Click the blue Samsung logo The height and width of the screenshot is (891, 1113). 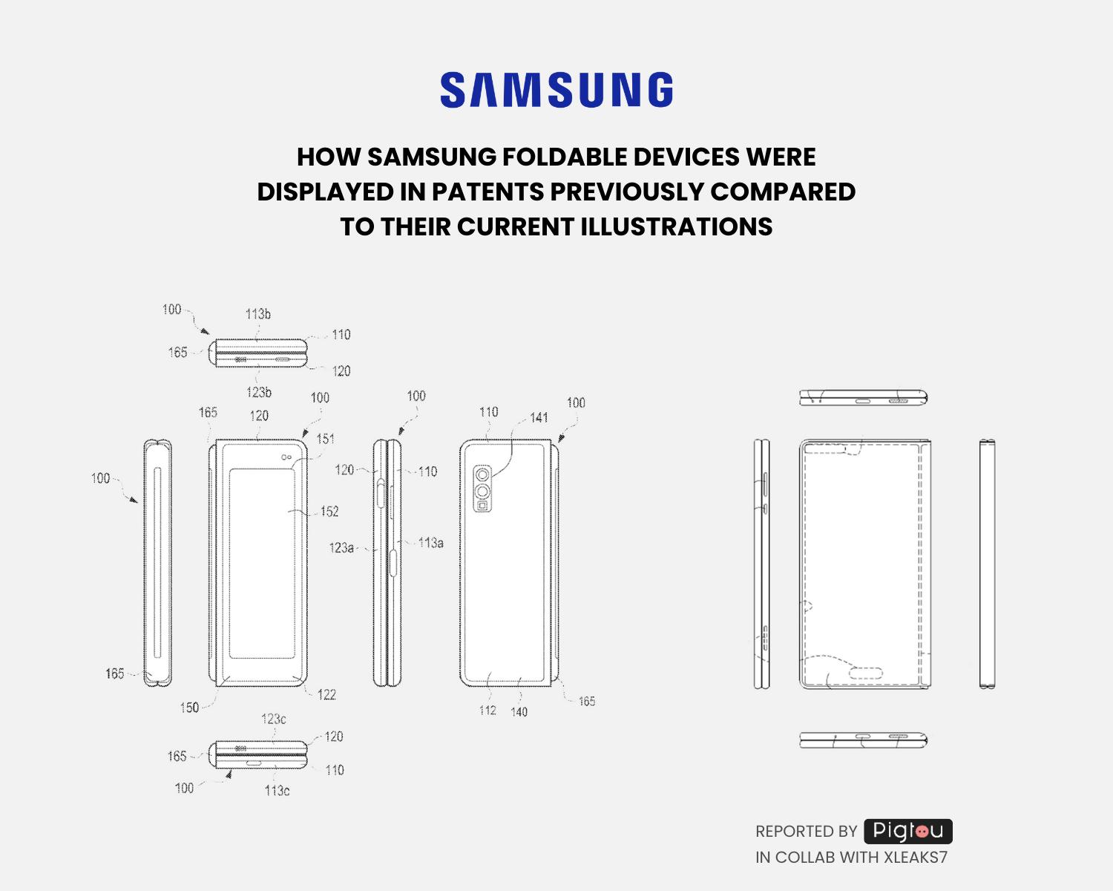(x=556, y=90)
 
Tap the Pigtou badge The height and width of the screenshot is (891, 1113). (x=907, y=831)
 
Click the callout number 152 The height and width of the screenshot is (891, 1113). (x=329, y=512)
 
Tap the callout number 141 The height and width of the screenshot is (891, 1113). (x=539, y=417)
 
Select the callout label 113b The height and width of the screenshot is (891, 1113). (x=258, y=314)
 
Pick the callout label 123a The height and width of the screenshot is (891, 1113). (x=341, y=548)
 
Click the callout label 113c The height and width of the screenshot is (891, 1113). (x=277, y=791)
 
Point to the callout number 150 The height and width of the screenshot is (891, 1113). (x=189, y=708)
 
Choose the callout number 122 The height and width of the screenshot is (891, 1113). (x=326, y=695)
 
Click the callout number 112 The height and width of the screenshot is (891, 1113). (x=487, y=711)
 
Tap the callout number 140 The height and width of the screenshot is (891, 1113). (x=519, y=712)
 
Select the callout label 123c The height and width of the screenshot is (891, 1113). (x=273, y=719)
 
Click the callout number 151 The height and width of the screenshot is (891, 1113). (x=325, y=439)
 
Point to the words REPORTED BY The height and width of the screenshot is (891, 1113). (x=806, y=832)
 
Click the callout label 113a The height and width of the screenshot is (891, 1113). (x=431, y=543)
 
